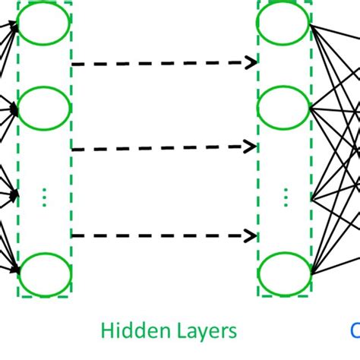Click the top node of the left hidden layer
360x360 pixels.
(x=44, y=25)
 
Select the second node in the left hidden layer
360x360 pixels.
(x=44, y=107)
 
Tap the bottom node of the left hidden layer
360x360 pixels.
(x=44, y=270)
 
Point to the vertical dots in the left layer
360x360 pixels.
(x=44, y=198)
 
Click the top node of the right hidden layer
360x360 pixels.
(x=284, y=25)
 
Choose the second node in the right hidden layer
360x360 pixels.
(x=284, y=107)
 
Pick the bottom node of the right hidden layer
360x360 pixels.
(x=284, y=270)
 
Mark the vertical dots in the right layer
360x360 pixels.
(x=286, y=198)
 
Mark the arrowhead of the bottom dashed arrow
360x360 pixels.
(x=251, y=235)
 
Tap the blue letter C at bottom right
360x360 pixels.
(x=355, y=330)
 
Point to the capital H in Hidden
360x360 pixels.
(x=108, y=330)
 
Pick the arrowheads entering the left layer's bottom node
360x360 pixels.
(x=14, y=267)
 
